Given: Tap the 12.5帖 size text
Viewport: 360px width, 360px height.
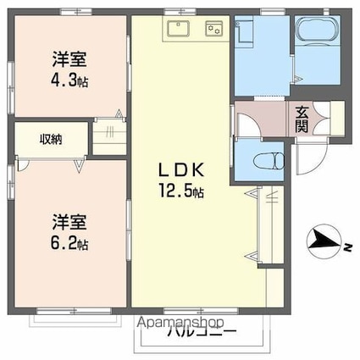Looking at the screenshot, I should point(180,192).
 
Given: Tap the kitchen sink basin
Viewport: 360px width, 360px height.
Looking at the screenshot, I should point(178,32).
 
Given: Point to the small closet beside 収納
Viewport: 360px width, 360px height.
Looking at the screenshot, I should point(108,136).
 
